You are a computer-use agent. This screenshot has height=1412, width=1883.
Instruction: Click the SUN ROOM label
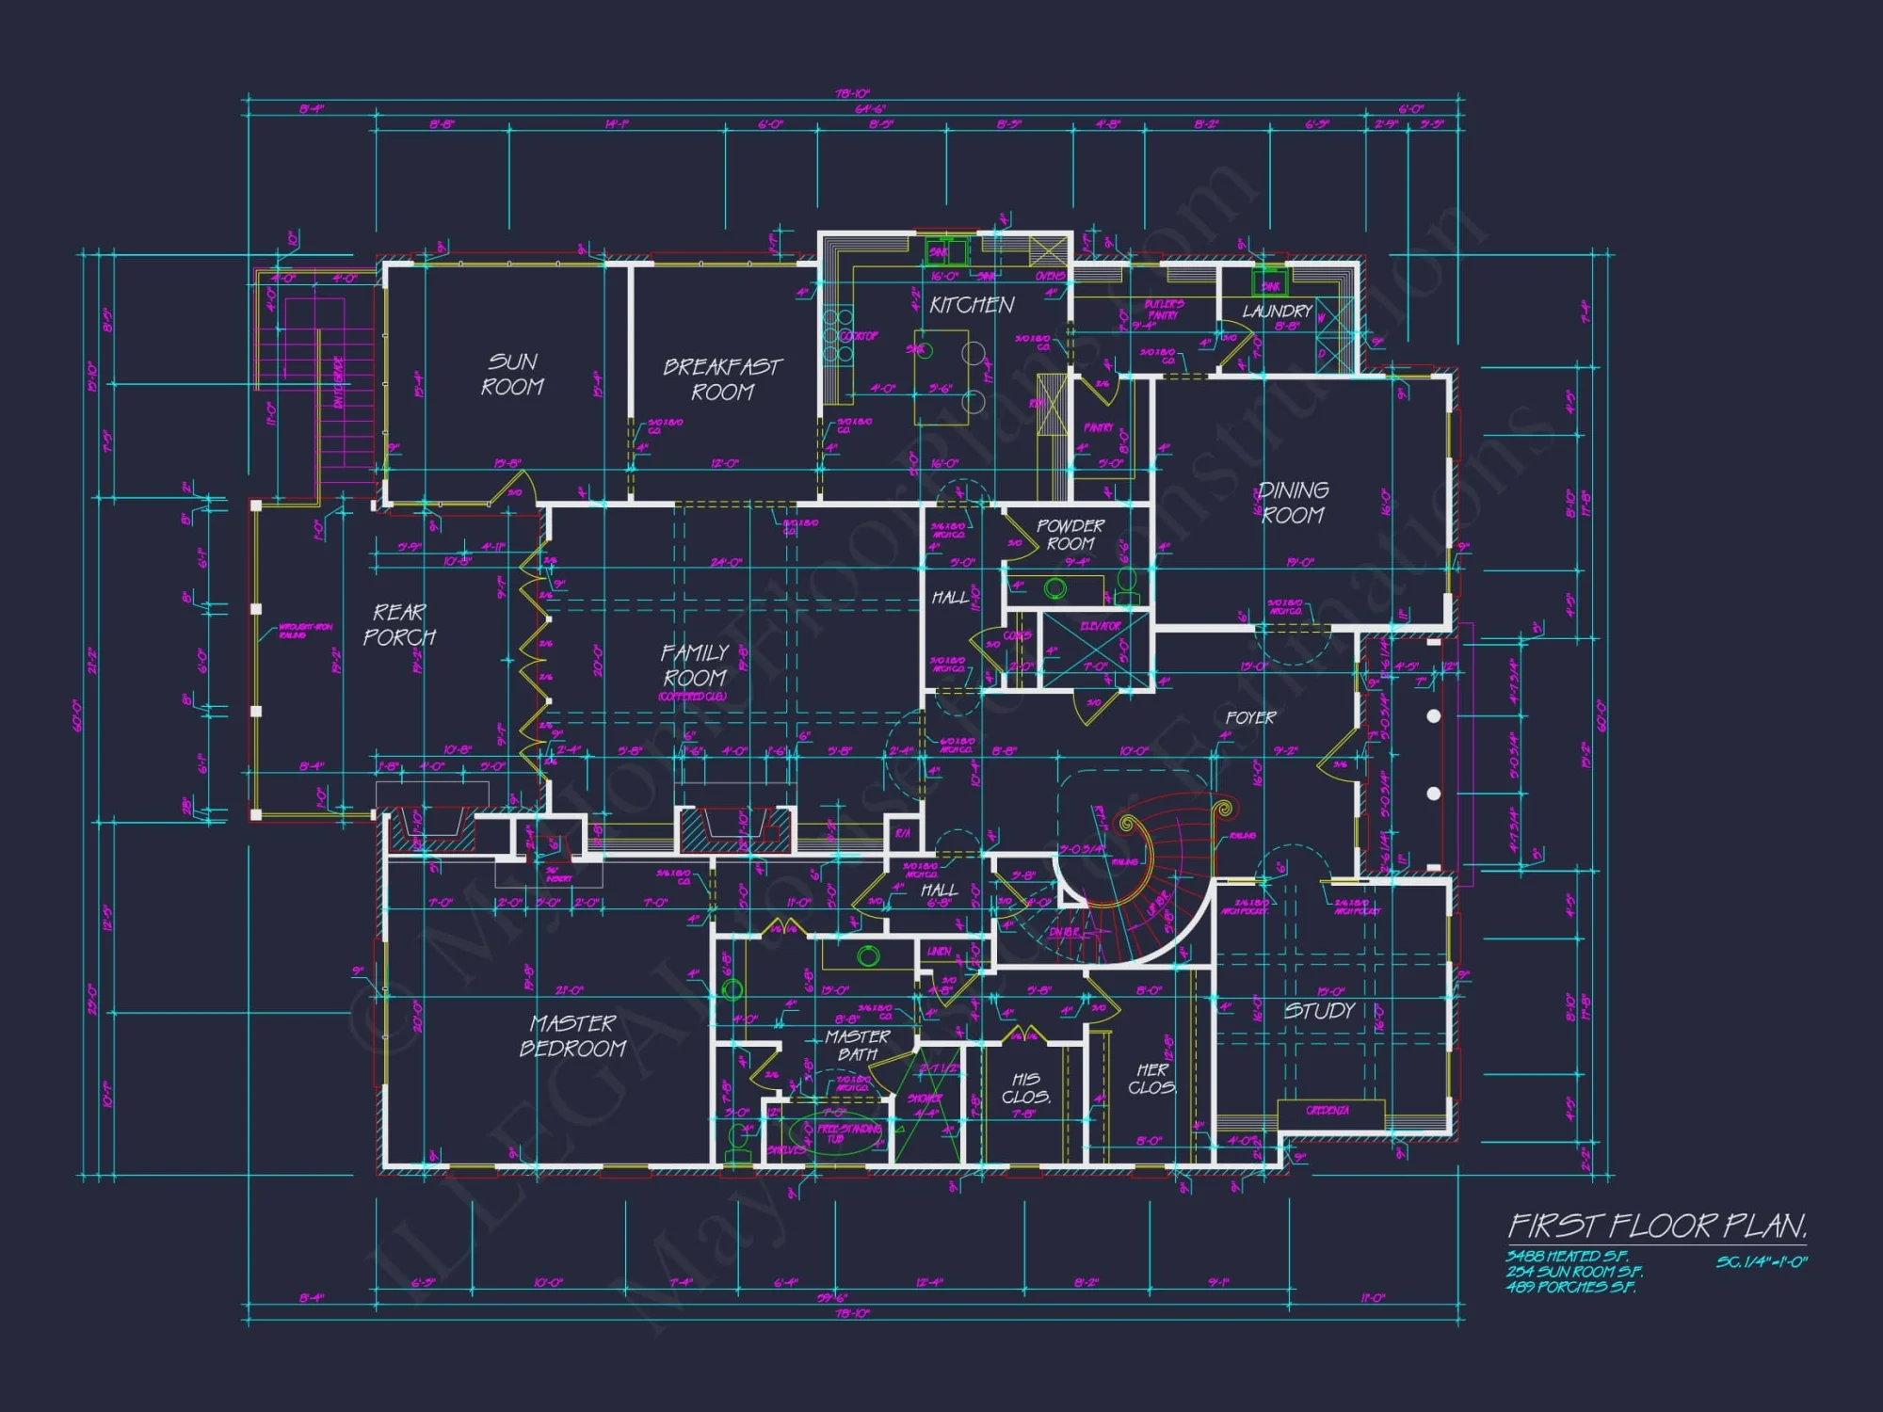point(512,375)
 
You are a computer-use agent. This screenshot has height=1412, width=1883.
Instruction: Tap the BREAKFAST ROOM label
point(722,379)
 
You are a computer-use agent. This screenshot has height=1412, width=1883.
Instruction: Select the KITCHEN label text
point(972,305)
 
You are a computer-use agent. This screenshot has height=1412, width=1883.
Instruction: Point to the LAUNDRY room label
point(1277,311)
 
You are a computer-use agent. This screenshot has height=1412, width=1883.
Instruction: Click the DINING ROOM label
point(1293,503)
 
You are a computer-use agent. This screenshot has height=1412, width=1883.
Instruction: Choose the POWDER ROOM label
point(1070,535)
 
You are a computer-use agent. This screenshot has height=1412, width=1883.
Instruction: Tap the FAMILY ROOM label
point(695,666)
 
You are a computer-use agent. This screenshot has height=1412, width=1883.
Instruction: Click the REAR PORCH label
point(399,625)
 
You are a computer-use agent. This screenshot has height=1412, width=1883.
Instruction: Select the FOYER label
point(1250,717)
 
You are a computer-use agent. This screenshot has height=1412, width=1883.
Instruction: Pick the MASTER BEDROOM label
point(572,1035)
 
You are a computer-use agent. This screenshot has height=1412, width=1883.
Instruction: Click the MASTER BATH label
point(858,1045)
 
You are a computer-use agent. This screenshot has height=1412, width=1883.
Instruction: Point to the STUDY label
point(1320,1011)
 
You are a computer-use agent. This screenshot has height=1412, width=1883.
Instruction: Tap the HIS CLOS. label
point(1026,1088)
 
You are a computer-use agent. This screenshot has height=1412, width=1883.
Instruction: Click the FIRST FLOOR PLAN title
point(1657,1226)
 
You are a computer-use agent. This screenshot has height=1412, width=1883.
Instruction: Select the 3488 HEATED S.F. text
point(1567,1257)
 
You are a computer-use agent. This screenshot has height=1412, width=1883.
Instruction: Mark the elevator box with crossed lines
point(1097,650)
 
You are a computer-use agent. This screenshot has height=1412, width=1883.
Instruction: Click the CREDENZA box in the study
point(1329,1112)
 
